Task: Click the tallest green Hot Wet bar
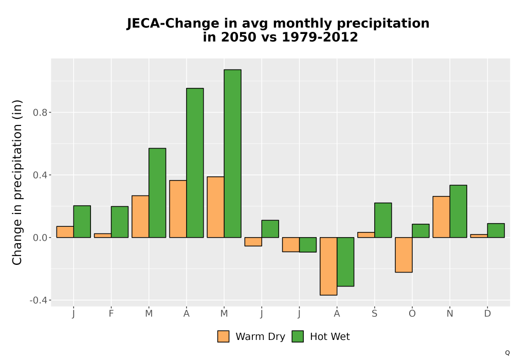coord(232,153)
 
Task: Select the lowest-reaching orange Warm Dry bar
coord(328,266)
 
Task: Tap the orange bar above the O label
coord(403,255)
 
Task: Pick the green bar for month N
coord(458,211)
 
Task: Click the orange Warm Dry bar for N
coord(441,217)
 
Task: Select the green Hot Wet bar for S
coord(383,220)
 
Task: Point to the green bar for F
coord(120,222)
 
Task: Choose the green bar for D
coord(496,230)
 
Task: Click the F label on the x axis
coord(111,314)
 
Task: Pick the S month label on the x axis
coord(374,314)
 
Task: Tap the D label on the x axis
coord(487,314)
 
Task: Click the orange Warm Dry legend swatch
coord(223,336)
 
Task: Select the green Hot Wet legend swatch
coord(298,336)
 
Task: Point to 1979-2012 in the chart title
coord(320,37)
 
